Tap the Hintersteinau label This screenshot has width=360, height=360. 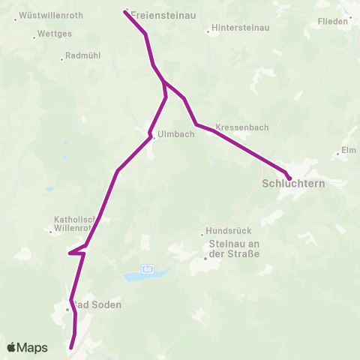click(x=238, y=28)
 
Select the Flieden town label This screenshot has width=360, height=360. click(x=333, y=22)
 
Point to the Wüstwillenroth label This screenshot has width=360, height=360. click(x=50, y=15)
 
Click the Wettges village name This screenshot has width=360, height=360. click(x=54, y=34)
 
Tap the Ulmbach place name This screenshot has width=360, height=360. click(x=177, y=135)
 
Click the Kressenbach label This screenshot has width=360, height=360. click(x=241, y=127)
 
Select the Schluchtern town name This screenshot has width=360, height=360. click(x=293, y=183)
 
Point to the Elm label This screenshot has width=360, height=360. click(x=349, y=150)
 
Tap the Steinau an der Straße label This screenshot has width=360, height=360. click(x=233, y=249)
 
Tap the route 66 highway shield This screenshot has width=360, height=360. click(x=148, y=268)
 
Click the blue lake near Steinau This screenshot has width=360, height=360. click(x=137, y=277)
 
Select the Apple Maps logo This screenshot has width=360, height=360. click(x=27, y=347)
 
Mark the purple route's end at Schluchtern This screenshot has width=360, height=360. click(x=289, y=177)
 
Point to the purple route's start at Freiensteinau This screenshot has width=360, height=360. click(x=124, y=10)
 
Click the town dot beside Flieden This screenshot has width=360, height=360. click(x=349, y=16)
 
